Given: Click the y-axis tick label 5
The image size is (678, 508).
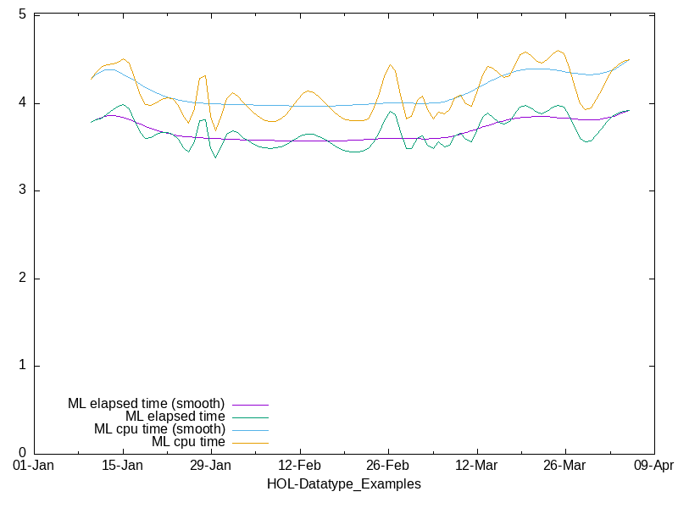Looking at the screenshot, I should tap(24, 15).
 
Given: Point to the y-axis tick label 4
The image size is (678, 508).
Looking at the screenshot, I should tap(24, 103).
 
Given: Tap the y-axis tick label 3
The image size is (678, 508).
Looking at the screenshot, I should tap(24, 190).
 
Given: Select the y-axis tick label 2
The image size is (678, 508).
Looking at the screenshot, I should tap(24, 279).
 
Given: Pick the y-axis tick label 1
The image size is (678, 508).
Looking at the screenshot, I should tap(24, 366).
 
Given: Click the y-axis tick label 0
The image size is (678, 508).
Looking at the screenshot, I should tap(24, 453).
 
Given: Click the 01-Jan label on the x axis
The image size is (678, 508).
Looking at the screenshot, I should tap(35, 466).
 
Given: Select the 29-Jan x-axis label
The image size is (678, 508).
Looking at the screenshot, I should tap(211, 466).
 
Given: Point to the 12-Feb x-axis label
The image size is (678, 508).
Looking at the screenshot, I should tap(299, 466).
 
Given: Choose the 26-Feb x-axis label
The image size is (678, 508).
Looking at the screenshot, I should tap(388, 466).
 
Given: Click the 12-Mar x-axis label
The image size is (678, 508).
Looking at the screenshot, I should tap(476, 466).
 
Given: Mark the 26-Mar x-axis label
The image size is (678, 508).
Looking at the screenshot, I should tap(564, 466).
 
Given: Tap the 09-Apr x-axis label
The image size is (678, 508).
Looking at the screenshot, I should tap(653, 466).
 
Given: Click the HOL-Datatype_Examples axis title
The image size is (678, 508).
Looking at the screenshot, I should tap(343, 484).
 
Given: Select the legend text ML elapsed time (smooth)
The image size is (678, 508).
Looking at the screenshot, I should tap(146, 404).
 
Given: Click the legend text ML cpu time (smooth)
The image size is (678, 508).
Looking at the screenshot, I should tap(159, 429).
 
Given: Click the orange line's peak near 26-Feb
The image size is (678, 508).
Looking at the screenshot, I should tap(390, 64).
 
